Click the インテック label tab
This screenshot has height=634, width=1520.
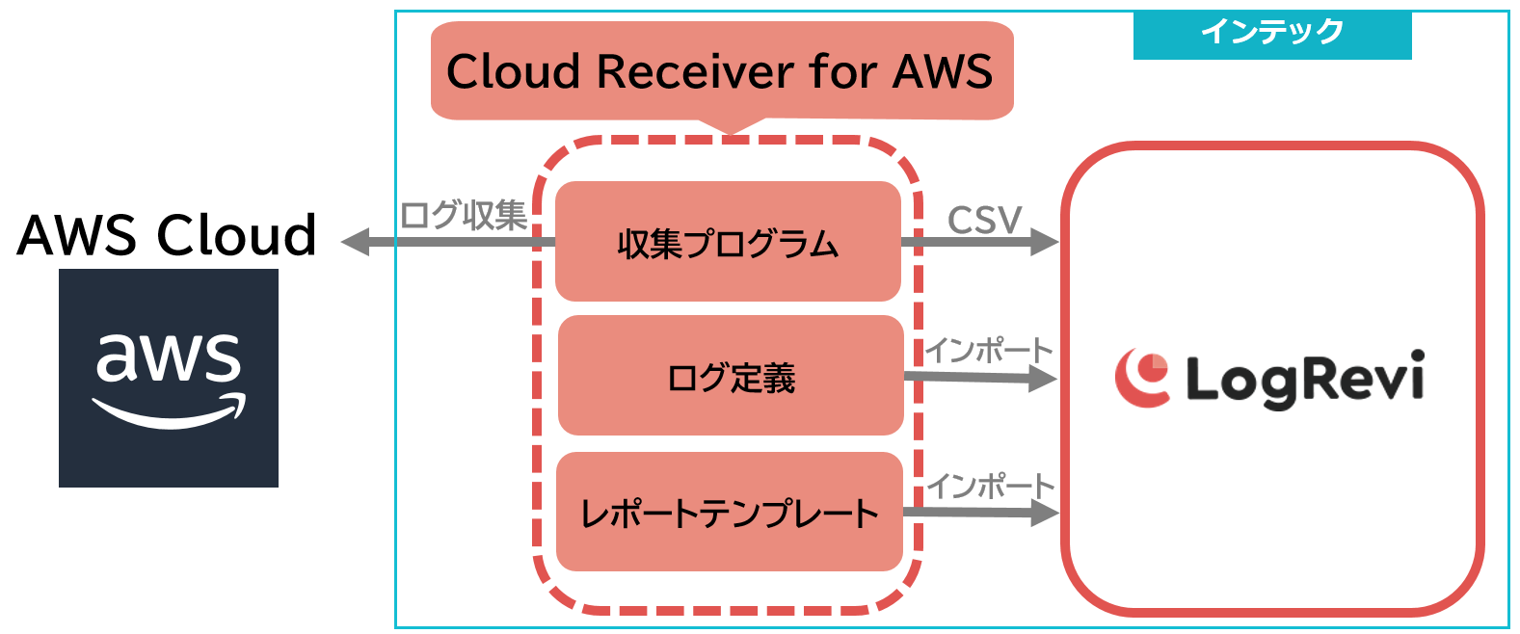pyautogui.click(x=1271, y=34)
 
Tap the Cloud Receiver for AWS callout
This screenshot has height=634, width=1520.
pyautogui.click(x=721, y=71)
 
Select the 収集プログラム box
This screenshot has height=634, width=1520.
pyautogui.click(x=728, y=242)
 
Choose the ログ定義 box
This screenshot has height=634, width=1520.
pyautogui.click(x=731, y=376)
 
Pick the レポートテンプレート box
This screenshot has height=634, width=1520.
pyautogui.click(x=729, y=512)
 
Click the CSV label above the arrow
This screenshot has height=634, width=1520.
pyautogui.click(x=984, y=221)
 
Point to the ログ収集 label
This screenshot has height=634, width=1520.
pyautogui.click(x=464, y=215)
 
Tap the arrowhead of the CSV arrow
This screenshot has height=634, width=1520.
pyautogui.click(x=1045, y=241)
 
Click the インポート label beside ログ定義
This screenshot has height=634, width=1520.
pyautogui.click(x=989, y=351)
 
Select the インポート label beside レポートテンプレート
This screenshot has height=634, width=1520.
pyautogui.click(x=990, y=487)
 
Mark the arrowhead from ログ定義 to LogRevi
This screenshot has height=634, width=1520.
pyautogui.click(x=1044, y=379)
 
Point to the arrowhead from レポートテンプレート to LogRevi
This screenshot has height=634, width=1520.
pyautogui.click(x=1045, y=513)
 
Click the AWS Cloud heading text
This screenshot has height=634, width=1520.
pyautogui.click(x=167, y=235)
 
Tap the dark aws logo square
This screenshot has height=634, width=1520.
pyautogui.click(x=169, y=378)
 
